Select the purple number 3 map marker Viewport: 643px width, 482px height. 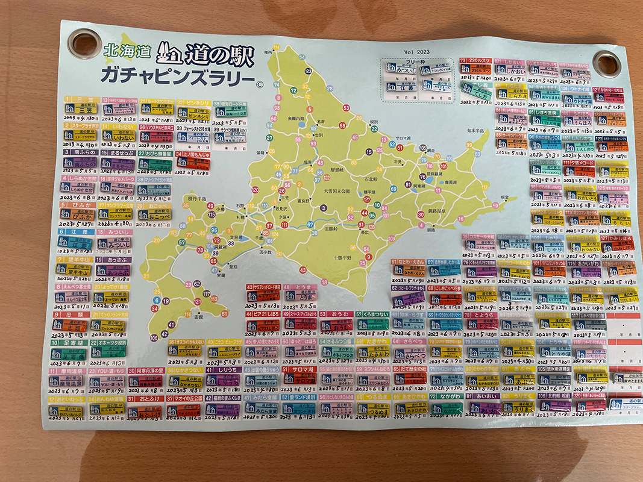pyautogui.click(x=324, y=208)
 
